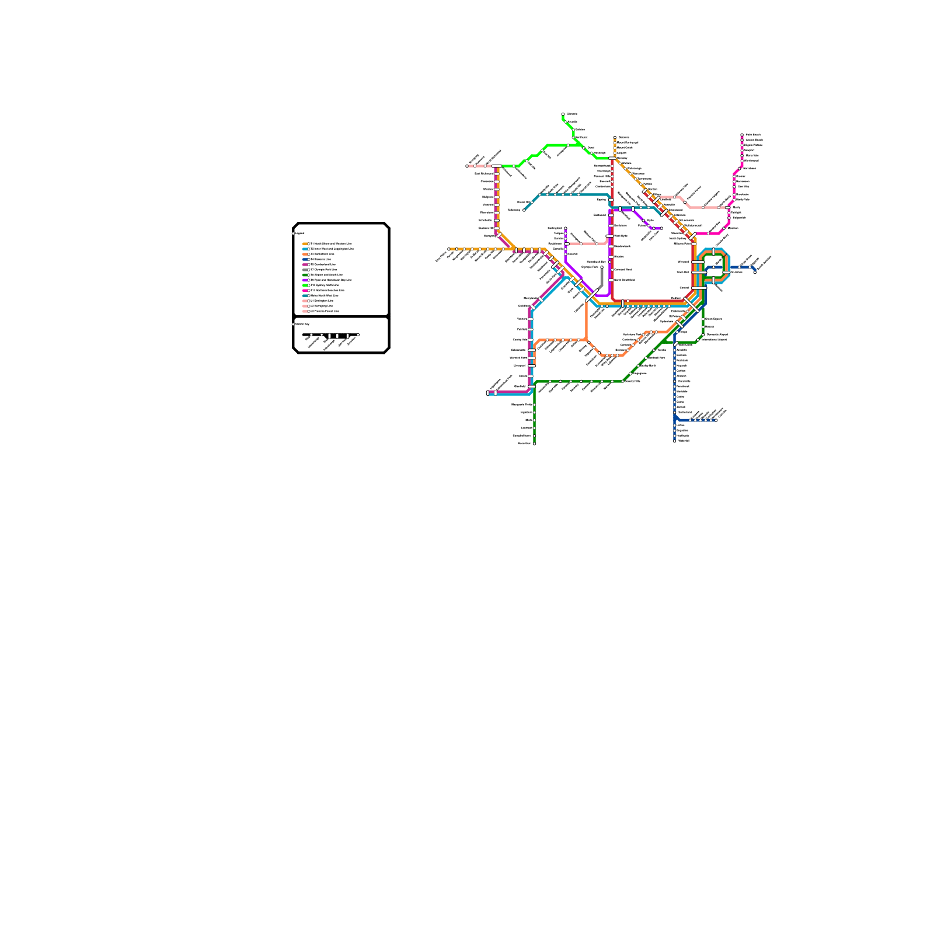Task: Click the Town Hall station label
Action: click(x=682, y=272)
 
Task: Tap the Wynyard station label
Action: click(x=682, y=262)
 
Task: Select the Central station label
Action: click(x=684, y=288)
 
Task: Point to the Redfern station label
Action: click(x=676, y=298)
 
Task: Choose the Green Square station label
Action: click(x=713, y=319)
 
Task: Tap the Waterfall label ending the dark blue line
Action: click(x=684, y=441)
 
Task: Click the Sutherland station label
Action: click(x=685, y=412)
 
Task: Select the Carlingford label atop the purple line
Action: click(x=555, y=228)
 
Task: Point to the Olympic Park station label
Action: click(x=590, y=267)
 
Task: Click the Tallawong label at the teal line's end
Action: click(x=514, y=210)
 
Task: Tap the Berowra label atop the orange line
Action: click(x=623, y=137)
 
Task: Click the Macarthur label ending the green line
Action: click(x=524, y=443)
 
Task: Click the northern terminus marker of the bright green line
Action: click(x=563, y=114)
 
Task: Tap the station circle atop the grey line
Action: click(x=602, y=267)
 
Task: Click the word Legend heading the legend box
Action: click(x=299, y=233)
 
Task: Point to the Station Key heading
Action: click(x=302, y=324)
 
